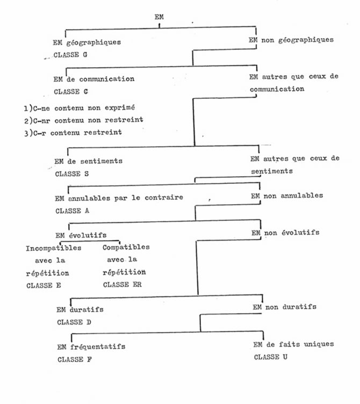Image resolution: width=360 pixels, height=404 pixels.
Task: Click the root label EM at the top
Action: pos(159,17)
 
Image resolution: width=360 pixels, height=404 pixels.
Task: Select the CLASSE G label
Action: pos(70,55)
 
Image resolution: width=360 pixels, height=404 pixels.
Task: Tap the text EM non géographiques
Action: pos(291,40)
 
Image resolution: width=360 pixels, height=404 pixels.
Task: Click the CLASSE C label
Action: pos(71,92)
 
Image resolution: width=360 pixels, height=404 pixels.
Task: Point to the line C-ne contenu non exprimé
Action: pos(80,108)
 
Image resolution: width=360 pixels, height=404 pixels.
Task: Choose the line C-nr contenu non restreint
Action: pos(83,120)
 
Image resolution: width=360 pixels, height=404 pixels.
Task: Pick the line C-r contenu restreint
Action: pos(73,133)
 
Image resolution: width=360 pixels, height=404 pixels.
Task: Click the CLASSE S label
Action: pos(72,174)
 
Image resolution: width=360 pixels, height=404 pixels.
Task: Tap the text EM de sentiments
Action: pos(89,161)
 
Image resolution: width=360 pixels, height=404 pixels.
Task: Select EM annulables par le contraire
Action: pos(119,198)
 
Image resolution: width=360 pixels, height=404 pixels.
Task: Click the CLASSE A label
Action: pos(73,211)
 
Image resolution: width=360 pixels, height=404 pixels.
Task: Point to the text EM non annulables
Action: pos(287,196)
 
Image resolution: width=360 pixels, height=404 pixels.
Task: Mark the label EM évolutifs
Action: pos(81,235)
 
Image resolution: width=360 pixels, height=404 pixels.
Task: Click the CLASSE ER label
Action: pos(123,285)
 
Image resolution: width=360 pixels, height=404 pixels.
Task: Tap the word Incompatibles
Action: pos(54,248)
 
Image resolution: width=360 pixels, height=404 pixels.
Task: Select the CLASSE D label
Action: pos(74,322)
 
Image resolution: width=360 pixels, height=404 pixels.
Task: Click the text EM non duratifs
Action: pos(284,307)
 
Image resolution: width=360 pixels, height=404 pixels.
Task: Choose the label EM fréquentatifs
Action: pos(91,347)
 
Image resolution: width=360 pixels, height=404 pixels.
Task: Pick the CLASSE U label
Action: pos(271,357)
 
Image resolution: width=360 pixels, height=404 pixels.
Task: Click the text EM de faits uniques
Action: pos(293,344)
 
